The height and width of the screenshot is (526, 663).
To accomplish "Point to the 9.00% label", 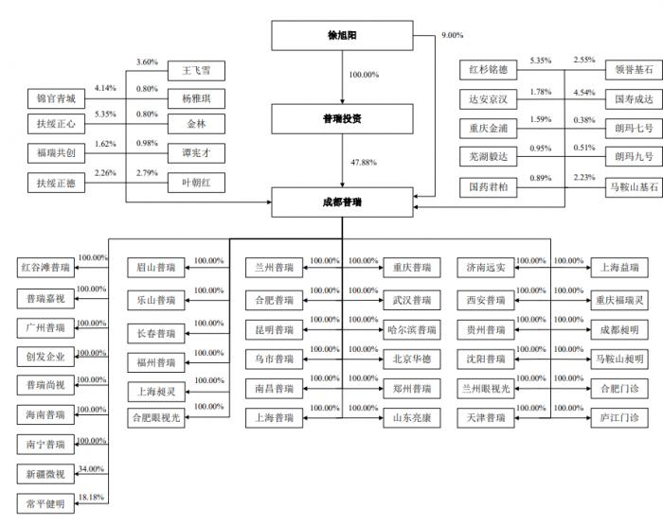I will pyautogui.click(x=452, y=35).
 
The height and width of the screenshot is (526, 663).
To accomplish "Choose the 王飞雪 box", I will pyautogui.click(x=196, y=71).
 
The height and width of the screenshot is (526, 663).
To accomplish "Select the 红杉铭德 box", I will pyautogui.click(x=489, y=70).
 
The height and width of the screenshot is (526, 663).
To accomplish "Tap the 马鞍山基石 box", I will pyautogui.click(x=630, y=188).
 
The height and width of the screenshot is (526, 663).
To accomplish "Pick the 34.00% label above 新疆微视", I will pyautogui.click(x=92, y=469).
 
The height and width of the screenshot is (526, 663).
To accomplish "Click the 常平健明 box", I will pyautogui.click(x=45, y=503).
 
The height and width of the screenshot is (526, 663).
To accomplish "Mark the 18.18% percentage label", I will pyautogui.click(x=92, y=496).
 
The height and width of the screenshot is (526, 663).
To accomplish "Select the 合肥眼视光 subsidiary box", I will pyautogui.click(x=156, y=417).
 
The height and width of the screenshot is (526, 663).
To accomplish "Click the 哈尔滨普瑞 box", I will pyautogui.click(x=412, y=331).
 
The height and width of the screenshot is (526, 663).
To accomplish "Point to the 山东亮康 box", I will pyautogui.click(x=412, y=416).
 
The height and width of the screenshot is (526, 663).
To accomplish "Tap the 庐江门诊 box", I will pyautogui.click(x=619, y=416).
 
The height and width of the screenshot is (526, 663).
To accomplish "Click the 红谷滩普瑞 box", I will pyautogui.click(x=45, y=268).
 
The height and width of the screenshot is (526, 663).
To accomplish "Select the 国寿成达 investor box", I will pyautogui.click(x=630, y=98).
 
